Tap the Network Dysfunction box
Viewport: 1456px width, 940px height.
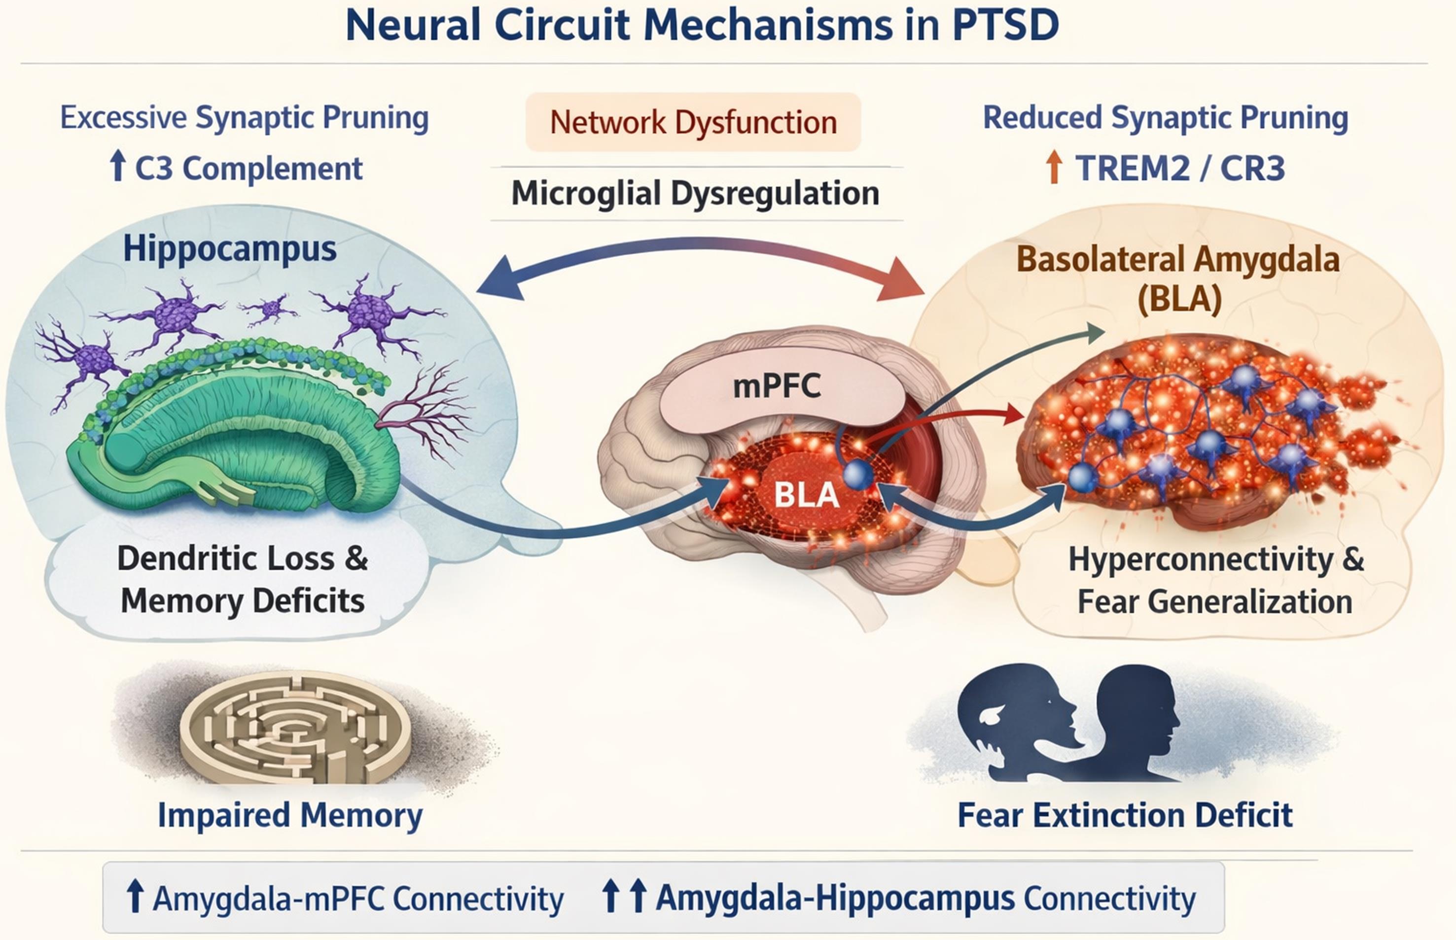point(693,122)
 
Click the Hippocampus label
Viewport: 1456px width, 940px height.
point(230,249)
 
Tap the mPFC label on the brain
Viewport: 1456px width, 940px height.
point(776,386)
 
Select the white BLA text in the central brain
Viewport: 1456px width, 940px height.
point(806,494)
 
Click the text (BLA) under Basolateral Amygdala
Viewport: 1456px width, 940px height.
point(1179,299)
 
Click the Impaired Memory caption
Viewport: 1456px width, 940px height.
point(290,815)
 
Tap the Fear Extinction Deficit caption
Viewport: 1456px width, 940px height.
point(1125,815)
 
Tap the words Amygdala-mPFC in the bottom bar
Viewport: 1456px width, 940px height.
point(269,899)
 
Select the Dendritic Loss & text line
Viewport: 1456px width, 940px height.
point(243,558)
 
